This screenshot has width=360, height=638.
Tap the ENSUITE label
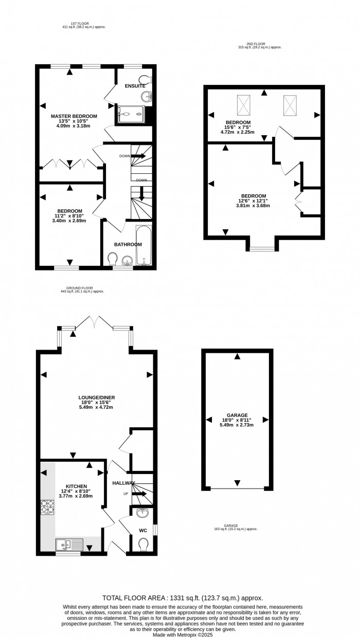[x=135, y=86]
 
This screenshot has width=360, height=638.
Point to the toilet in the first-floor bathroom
[x=112, y=258]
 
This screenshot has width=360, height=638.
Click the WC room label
[x=143, y=530]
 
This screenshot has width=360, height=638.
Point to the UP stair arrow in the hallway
[x=140, y=494]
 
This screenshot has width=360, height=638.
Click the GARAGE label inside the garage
[x=237, y=415]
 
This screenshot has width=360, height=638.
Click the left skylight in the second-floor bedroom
[x=244, y=105]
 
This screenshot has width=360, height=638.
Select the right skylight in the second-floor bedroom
[x=290, y=106]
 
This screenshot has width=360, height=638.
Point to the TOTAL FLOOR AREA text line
[x=183, y=598]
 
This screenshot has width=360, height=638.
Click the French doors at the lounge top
[x=94, y=323]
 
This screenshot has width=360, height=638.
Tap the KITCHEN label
[x=76, y=486]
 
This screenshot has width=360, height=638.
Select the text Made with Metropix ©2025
[x=183, y=634]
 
